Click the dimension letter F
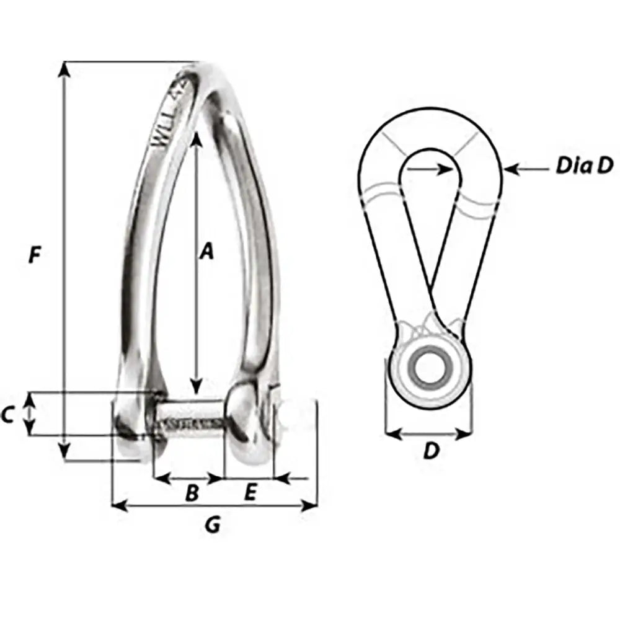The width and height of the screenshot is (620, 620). [x=35, y=255]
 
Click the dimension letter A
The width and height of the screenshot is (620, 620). [x=206, y=251]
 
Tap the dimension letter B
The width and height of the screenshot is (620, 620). [x=192, y=494]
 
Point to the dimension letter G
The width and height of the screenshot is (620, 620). [x=212, y=525]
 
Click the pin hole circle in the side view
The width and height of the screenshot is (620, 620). [x=429, y=366]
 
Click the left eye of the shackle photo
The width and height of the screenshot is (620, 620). [x=129, y=425]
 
